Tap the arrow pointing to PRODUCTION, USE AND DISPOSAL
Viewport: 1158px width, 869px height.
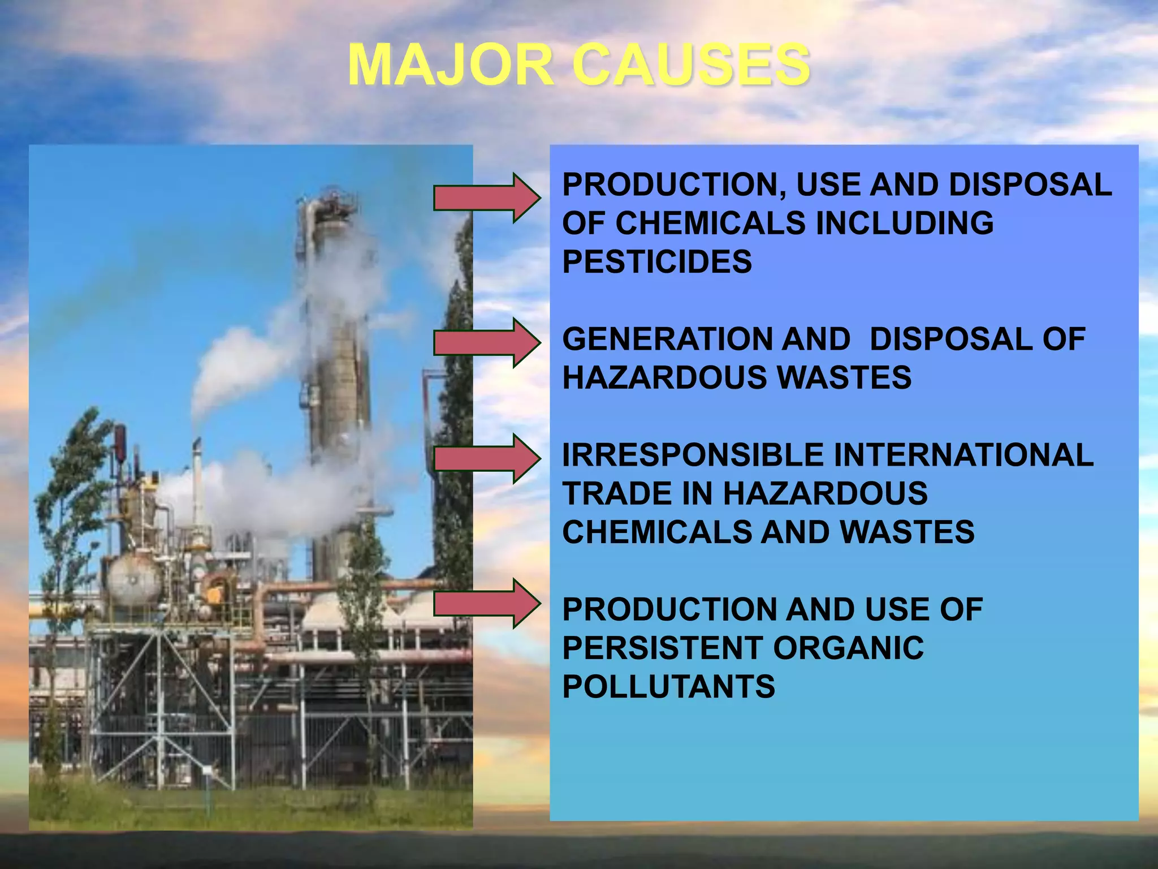pos(486,198)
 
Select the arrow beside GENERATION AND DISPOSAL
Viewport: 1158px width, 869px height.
pos(486,343)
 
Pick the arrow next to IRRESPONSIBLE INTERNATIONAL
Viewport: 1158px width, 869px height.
pos(486,458)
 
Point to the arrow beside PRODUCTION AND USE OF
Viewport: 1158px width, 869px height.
pos(486,603)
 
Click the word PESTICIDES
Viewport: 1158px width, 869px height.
pos(657,262)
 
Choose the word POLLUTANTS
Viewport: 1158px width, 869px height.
pos(668,687)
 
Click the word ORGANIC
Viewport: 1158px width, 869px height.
pos(848,648)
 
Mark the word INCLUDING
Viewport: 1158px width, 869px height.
pos(904,223)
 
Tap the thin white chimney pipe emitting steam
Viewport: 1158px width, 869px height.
pos(197,481)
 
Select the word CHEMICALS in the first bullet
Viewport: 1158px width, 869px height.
pos(710,223)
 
